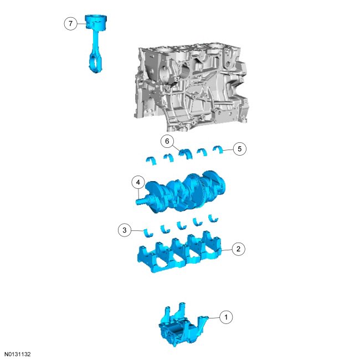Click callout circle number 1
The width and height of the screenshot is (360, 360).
pos(226,317)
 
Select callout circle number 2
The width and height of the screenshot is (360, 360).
pos(238,249)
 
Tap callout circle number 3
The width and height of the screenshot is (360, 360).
pos(125,230)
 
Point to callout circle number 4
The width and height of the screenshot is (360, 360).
pos(138,183)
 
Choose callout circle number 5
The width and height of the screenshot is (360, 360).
pos(240,149)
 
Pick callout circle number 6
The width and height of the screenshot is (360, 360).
pos(167,141)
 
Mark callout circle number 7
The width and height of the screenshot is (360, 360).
pos(70,23)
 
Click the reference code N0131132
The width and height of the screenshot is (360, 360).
pos(18,354)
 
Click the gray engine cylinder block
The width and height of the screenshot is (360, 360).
pos(191,87)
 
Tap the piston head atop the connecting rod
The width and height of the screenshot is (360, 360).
pos(96,22)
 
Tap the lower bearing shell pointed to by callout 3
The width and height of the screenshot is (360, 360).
pos(148,233)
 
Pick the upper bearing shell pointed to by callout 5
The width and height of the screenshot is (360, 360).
pos(218,149)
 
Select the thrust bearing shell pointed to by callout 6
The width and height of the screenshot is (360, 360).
pos(185,153)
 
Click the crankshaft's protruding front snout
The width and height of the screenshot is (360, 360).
pos(141,201)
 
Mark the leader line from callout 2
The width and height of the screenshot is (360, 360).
pos(227,250)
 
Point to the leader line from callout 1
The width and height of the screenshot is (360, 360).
pos(214,318)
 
